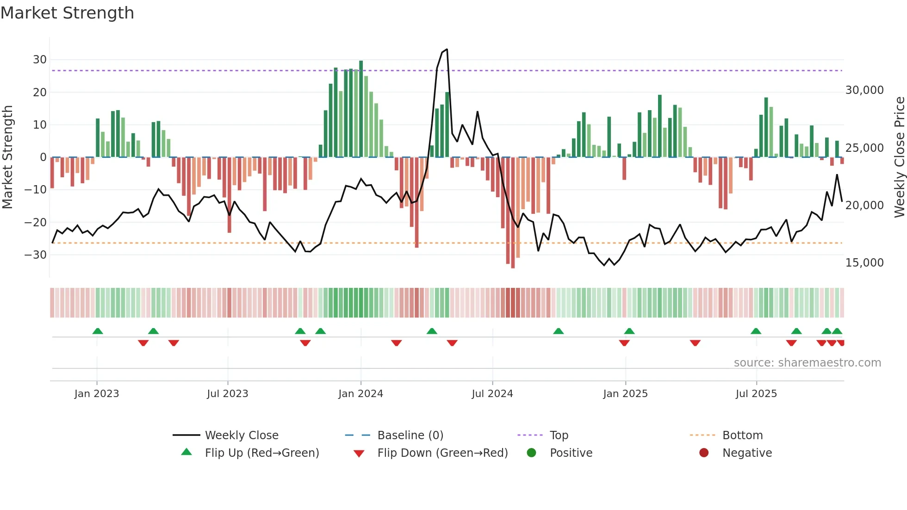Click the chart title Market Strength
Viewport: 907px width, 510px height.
67,13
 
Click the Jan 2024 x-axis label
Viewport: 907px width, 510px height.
360,394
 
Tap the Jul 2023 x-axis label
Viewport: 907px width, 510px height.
227,394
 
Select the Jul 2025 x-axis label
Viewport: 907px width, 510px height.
756,394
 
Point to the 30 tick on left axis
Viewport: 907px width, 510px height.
40,60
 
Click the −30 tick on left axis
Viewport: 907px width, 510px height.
36,255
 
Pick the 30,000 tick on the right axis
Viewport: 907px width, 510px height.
864,90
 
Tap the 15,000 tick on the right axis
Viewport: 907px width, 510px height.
864,263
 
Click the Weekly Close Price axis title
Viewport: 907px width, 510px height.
899,157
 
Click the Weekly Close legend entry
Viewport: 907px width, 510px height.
241,435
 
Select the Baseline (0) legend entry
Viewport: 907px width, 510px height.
410,435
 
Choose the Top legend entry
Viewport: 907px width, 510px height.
559,435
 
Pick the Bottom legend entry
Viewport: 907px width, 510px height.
742,435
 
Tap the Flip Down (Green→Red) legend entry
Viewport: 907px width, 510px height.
442,453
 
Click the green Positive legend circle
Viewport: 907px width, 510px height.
531,453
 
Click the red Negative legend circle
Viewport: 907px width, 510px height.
704,453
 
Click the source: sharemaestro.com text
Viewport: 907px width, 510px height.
807,363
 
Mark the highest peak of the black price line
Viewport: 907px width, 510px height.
447,50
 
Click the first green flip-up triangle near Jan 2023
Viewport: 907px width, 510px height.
98,331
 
